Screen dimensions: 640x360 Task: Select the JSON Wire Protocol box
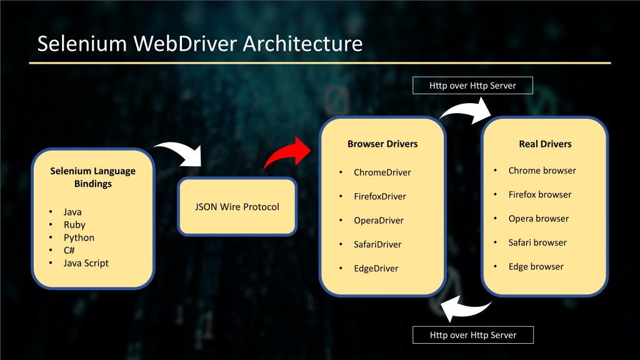(x=237, y=206)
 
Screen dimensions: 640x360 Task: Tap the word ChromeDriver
(x=382, y=172)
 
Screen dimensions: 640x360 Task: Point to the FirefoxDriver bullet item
(x=379, y=196)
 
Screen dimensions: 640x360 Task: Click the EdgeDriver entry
(x=376, y=269)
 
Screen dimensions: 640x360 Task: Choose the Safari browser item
(x=537, y=242)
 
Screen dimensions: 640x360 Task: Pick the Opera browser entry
(x=538, y=218)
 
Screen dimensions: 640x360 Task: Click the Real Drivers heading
(x=545, y=144)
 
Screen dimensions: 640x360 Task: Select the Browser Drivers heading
(x=382, y=144)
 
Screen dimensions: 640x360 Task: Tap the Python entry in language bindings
(x=79, y=237)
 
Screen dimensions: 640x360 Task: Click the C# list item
(x=69, y=250)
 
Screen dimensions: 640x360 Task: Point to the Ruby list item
(x=74, y=225)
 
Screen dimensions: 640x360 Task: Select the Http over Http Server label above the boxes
(x=472, y=85)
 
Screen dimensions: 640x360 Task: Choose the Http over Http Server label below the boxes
(x=473, y=335)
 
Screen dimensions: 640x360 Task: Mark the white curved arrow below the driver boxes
(x=465, y=310)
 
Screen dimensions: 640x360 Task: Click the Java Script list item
(x=86, y=263)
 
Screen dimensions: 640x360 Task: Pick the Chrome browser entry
(x=542, y=171)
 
